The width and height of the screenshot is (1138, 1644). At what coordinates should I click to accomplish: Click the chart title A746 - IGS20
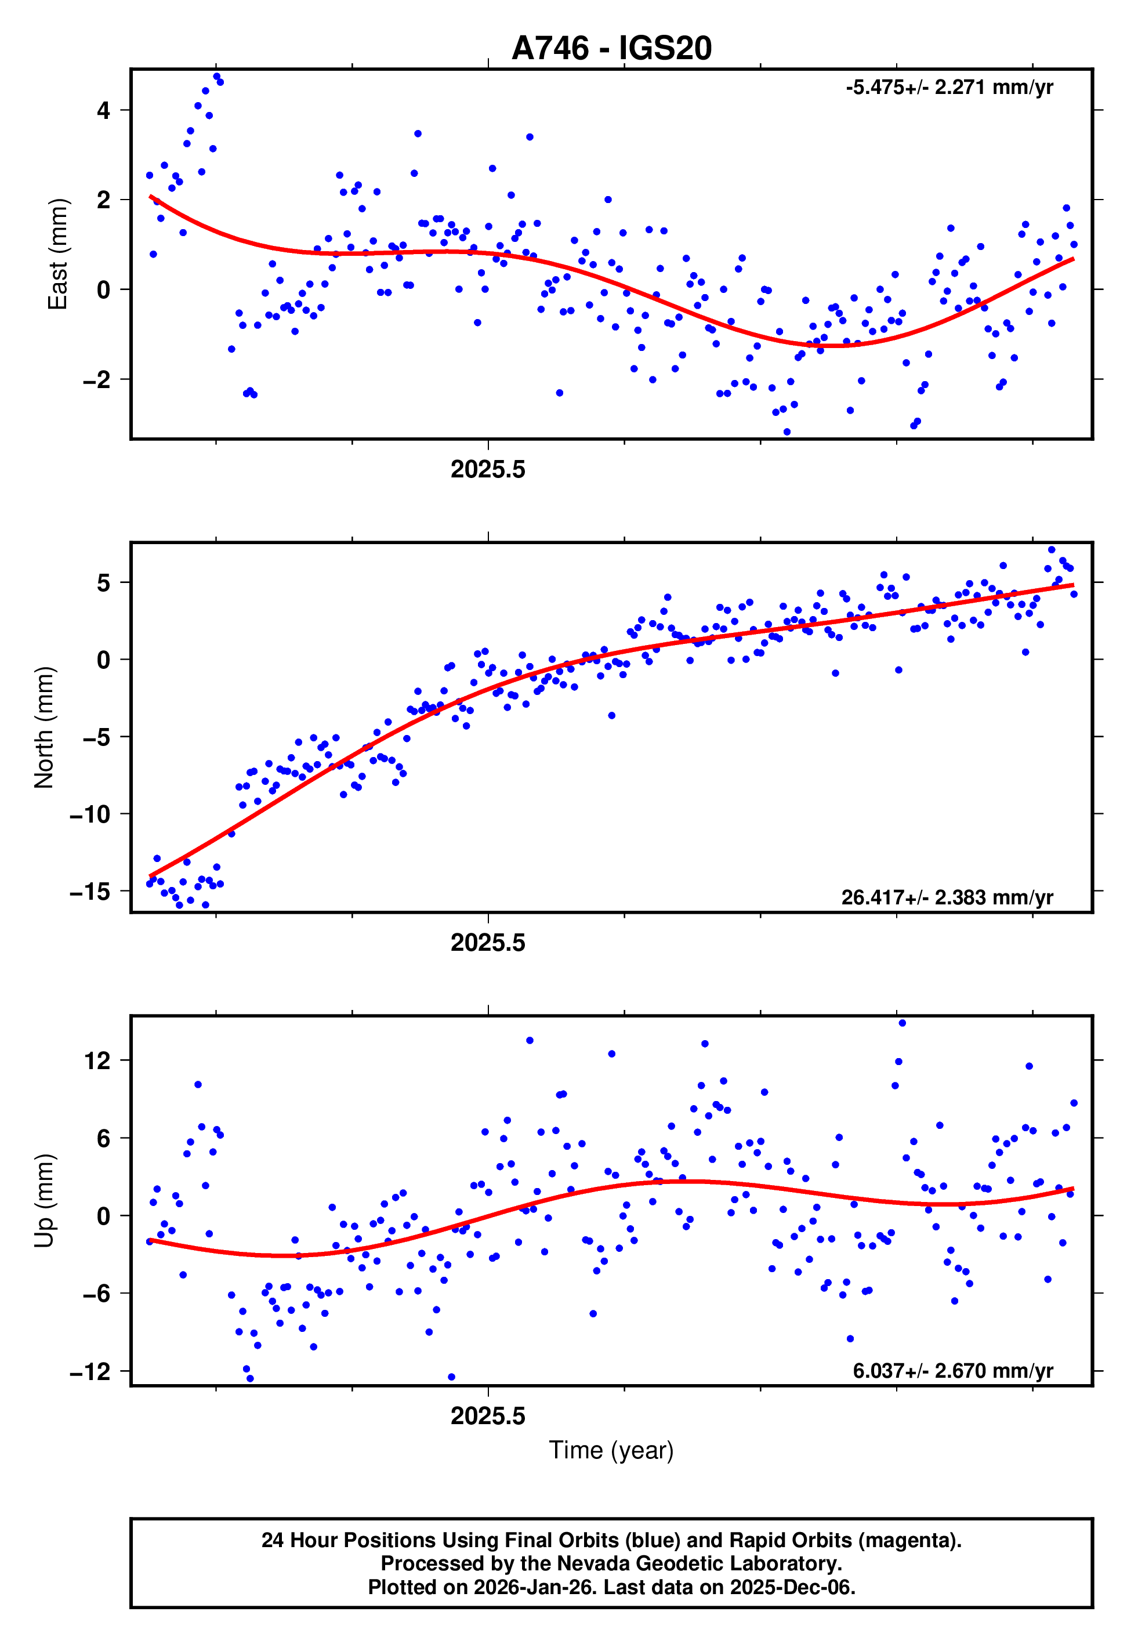point(611,49)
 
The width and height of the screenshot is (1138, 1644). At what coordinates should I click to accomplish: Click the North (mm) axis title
point(44,727)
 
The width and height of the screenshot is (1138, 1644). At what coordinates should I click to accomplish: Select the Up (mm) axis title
point(44,1201)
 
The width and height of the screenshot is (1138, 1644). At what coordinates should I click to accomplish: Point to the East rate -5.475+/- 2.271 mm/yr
point(948,88)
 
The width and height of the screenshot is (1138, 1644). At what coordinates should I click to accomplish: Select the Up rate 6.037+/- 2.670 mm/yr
point(952,1370)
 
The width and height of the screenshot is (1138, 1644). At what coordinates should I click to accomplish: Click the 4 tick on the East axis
point(104,110)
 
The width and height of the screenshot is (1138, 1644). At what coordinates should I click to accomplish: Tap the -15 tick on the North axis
point(90,891)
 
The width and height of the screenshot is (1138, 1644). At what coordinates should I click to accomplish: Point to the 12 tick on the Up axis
point(97,1061)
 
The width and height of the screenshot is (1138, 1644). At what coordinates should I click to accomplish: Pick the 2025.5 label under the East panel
point(488,470)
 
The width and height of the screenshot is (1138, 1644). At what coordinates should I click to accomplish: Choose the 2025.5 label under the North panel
point(488,943)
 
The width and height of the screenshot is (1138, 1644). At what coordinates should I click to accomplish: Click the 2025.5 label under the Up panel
point(488,1416)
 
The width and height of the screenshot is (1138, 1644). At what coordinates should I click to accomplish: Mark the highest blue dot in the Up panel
point(902,1023)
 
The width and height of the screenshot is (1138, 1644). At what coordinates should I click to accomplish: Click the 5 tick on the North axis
point(104,583)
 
